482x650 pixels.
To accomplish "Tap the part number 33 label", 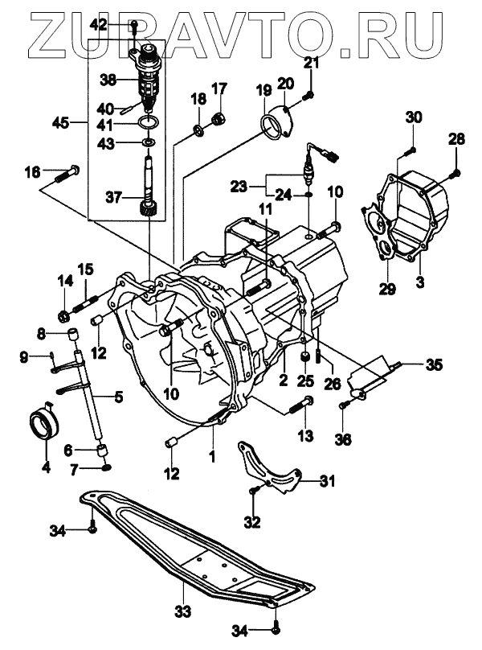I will click(x=183, y=612).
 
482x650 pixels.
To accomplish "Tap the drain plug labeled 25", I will click(x=305, y=356).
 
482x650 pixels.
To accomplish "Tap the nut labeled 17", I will click(x=216, y=121).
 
